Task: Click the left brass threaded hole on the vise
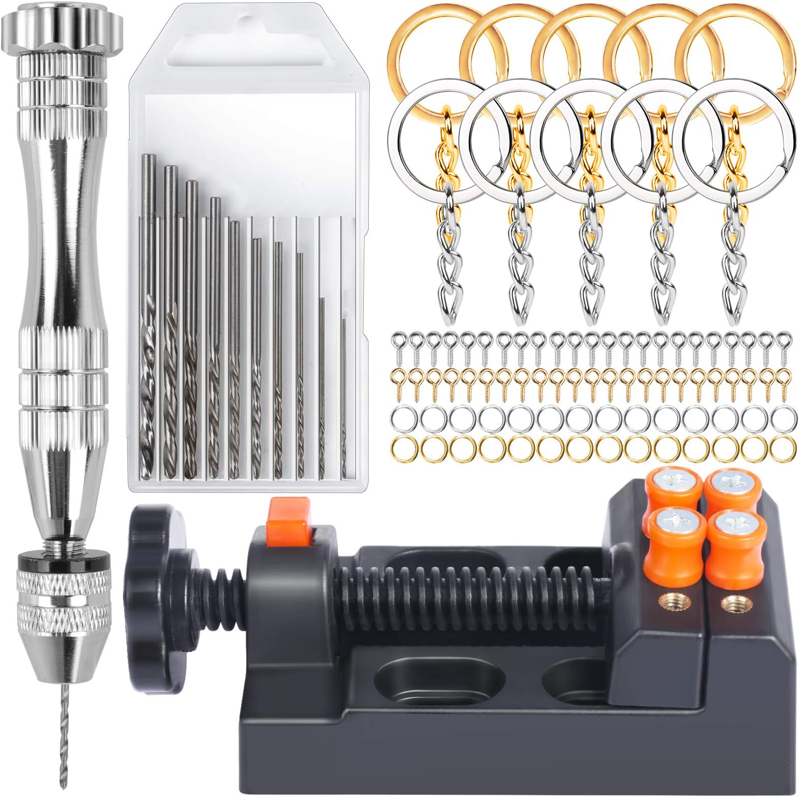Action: coord(663,602)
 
